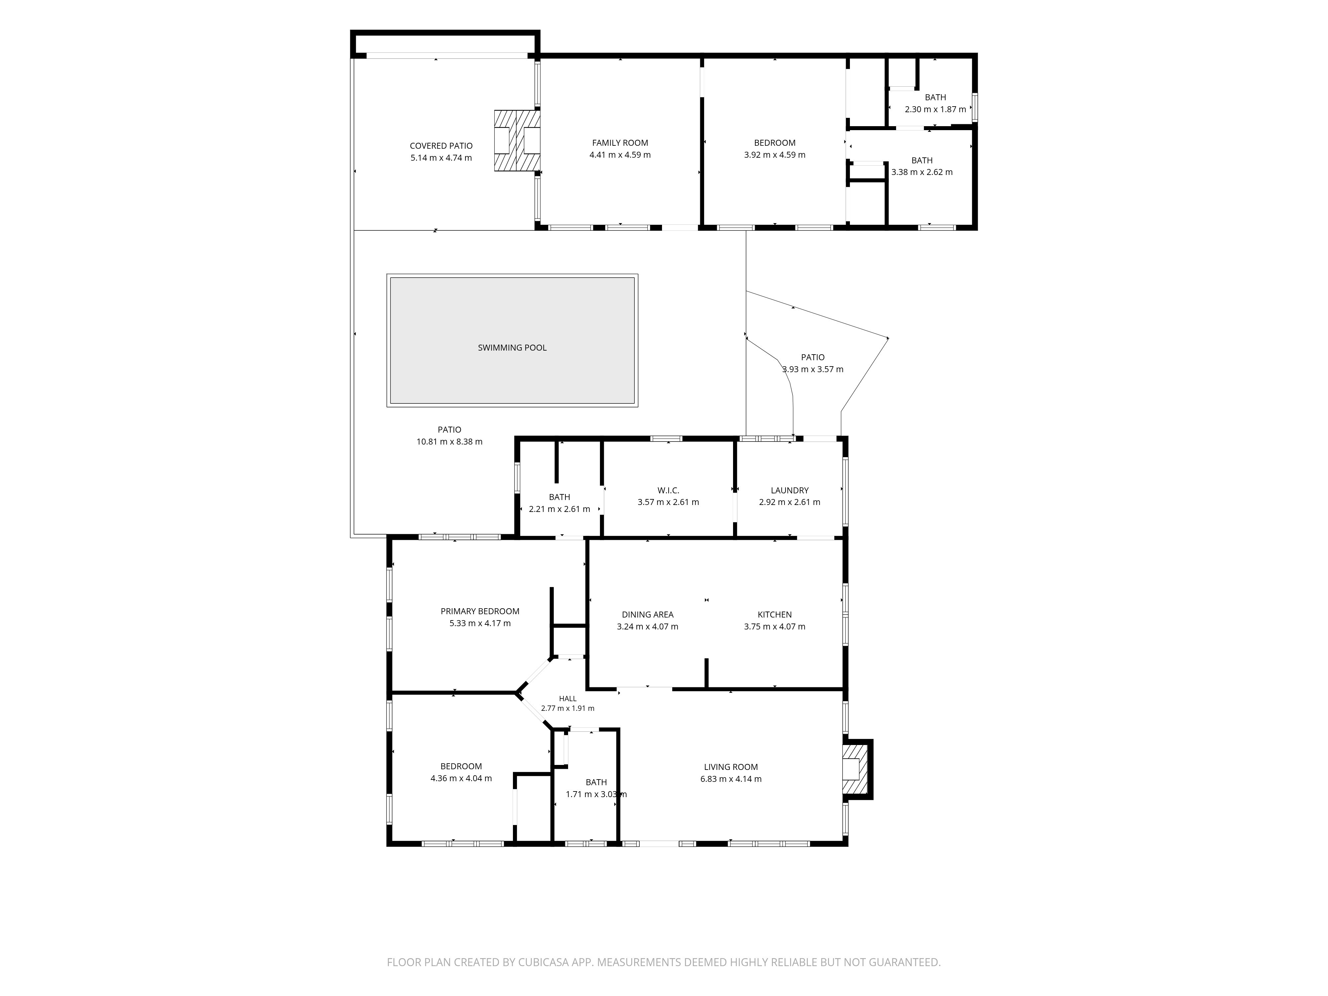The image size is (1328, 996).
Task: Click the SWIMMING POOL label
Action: (x=512, y=348)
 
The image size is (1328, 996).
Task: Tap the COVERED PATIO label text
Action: (x=441, y=146)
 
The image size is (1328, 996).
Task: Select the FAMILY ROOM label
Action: (x=620, y=143)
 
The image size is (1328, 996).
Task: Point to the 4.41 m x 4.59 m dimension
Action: (x=620, y=155)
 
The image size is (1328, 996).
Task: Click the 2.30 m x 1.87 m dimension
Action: (x=935, y=109)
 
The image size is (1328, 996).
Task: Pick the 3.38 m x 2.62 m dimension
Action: (x=922, y=172)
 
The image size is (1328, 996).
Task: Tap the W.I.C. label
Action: (x=668, y=490)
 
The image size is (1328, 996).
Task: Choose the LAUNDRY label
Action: (x=789, y=490)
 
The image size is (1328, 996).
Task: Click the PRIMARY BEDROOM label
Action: (x=480, y=611)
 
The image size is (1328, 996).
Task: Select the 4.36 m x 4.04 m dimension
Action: (x=461, y=778)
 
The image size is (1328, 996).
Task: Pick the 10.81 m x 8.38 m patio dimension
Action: (x=450, y=442)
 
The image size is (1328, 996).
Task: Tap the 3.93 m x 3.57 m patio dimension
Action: (x=813, y=369)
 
